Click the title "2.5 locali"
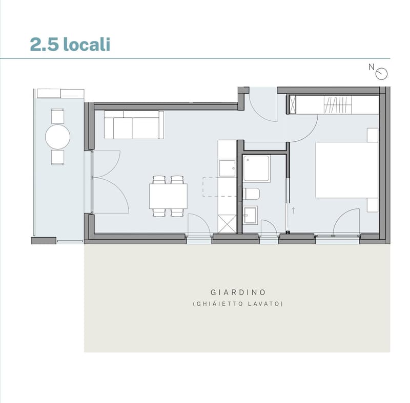(70, 44)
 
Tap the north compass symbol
(381, 74)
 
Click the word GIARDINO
(238, 292)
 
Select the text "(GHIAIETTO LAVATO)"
(238, 304)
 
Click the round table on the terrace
(57, 137)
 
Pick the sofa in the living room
(134, 125)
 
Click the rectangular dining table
(168, 196)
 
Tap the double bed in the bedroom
(347, 170)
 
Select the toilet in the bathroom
(251, 194)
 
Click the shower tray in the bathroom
(256, 168)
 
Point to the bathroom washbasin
(250, 215)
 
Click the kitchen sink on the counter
(227, 168)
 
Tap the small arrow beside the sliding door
(294, 211)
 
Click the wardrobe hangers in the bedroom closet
(338, 105)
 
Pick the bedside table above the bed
(373, 135)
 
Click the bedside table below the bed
(373, 205)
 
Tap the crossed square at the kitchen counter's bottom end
(227, 224)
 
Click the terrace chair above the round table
(57, 116)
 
